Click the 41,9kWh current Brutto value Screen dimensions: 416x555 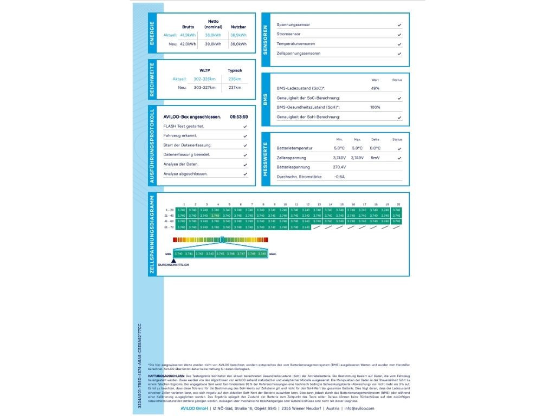click(x=188, y=35)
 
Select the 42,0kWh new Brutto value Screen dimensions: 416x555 click(x=188, y=44)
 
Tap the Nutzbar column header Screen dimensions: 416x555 click(x=238, y=26)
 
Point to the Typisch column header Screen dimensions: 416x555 click(x=235, y=70)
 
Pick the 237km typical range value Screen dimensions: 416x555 click(x=235, y=87)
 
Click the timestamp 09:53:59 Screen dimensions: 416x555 click(x=238, y=116)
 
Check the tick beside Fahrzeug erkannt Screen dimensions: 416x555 click(x=246, y=136)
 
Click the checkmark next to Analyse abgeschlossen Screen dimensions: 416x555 click(x=246, y=174)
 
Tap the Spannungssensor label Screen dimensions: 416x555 click(x=293, y=25)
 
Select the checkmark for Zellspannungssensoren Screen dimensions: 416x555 click(x=399, y=54)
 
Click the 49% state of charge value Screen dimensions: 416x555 click(x=375, y=88)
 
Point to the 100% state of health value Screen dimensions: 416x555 click(x=375, y=107)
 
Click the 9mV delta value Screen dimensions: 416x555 click(x=375, y=158)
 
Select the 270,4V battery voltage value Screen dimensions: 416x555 click(x=339, y=167)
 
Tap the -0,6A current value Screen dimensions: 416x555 click(x=339, y=177)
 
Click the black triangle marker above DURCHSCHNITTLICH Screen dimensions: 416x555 click(x=173, y=261)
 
